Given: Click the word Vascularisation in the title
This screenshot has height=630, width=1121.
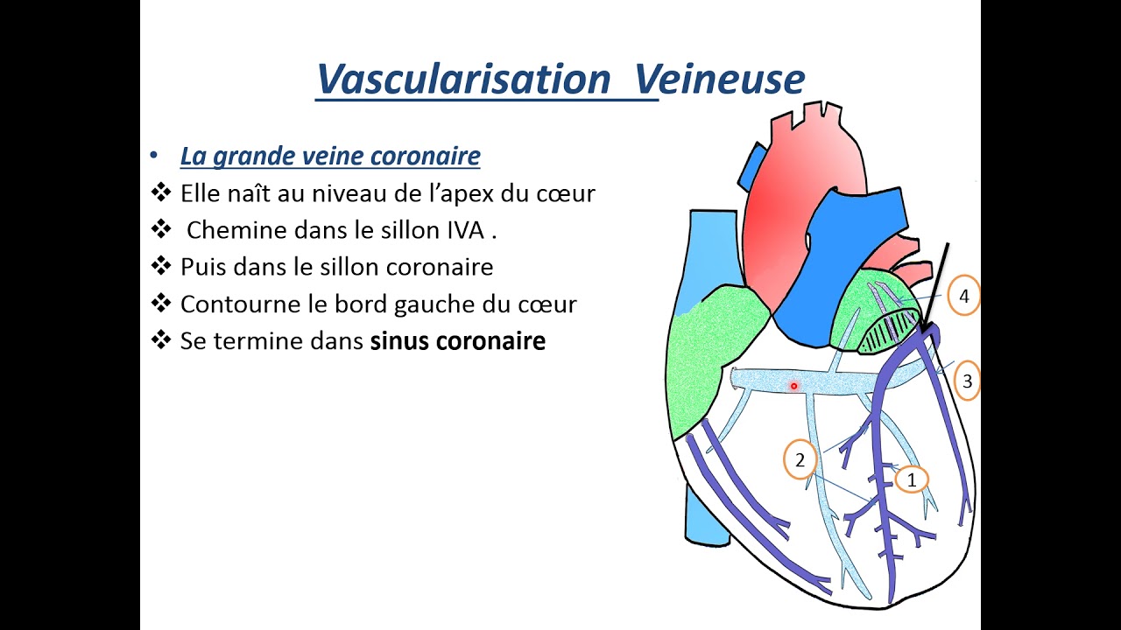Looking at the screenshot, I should click(462, 80).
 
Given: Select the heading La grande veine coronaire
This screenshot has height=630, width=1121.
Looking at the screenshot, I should click(330, 157).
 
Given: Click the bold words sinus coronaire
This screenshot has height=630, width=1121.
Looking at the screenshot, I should click(457, 340).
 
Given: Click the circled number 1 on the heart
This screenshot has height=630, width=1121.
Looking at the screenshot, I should click(912, 479).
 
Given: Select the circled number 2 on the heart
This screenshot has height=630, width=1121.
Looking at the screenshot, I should click(799, 459).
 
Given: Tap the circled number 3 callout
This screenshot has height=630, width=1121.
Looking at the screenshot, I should click(967, 381).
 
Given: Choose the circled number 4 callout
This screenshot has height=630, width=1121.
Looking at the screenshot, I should click(963, 297).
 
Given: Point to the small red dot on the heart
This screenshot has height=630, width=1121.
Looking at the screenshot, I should click(794, 385).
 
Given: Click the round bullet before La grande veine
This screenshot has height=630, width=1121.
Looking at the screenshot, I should click(154, 156).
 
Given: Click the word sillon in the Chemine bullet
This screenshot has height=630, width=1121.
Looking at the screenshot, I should click(412, 230).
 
